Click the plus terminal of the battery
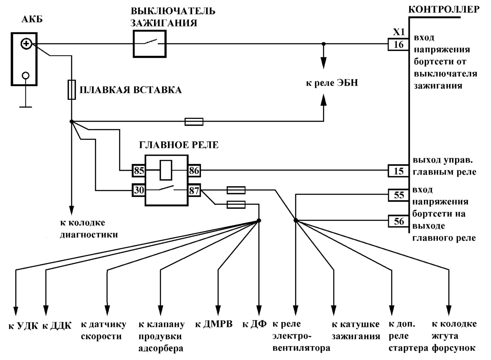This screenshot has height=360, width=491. point(26,44)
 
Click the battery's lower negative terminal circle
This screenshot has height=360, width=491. point(26,76)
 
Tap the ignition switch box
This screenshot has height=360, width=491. point(150,44)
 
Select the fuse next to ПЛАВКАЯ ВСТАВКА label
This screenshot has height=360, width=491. point(72,90)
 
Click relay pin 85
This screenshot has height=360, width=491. point(138,171)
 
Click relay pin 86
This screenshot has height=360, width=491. point(194,171)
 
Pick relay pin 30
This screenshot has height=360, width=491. point(138,190)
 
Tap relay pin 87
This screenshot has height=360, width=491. point(194,190)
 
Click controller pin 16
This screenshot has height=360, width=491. point(398,45)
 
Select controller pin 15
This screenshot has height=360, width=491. point(398,171)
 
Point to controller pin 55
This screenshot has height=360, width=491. point(398,195)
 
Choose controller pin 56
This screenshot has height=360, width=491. point(398,221)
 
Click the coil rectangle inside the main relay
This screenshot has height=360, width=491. point(166,170)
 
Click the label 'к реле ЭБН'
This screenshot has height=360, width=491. point(332,83)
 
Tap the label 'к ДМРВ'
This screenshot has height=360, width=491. point(214,324)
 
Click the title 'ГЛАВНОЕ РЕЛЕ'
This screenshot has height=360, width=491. point(179,145)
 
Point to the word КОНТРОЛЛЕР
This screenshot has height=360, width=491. point(444,10)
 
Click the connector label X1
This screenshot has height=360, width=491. point(399,32)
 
